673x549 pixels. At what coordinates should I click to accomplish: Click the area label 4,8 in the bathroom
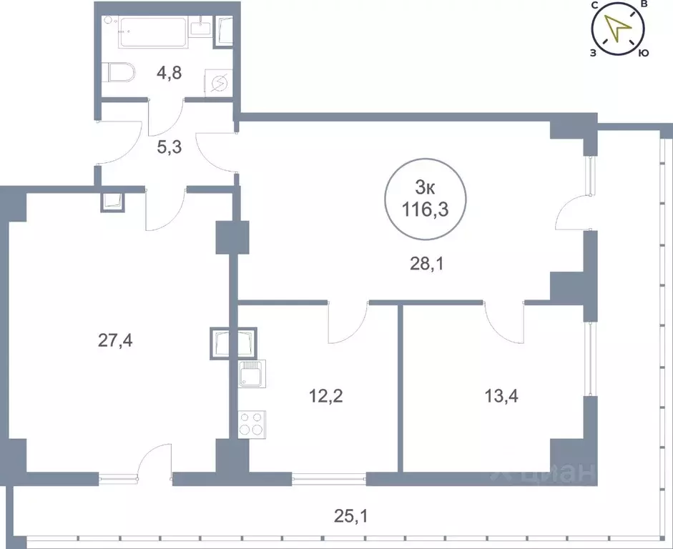[x=170, y=74]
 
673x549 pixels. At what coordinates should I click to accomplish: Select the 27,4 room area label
[x=115, y=341]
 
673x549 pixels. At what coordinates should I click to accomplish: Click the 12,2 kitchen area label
[x=325, y=397]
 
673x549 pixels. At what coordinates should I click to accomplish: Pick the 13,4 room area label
[x=501, y=397]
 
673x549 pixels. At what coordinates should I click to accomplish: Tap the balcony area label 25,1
[x=350, y=516]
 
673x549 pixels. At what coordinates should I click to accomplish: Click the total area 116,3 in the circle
[x=426, y=210]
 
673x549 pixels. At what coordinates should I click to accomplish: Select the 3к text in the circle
[x=425, y=187]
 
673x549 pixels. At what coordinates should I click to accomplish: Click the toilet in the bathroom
[x=119, y=73]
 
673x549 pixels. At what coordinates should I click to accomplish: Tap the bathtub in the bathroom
[x=153, y=31]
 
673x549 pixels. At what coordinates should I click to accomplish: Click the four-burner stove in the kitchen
[x=252, y=424]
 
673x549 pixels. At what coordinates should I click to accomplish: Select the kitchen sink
[x=252, y=374]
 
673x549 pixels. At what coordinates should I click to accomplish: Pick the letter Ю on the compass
[x=643, y=53]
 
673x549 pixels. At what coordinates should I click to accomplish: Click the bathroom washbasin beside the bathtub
[x=201, y=26]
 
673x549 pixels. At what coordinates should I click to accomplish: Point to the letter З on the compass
[x=594, y=53]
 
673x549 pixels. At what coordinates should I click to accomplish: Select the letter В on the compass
[x=644, y=4]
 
